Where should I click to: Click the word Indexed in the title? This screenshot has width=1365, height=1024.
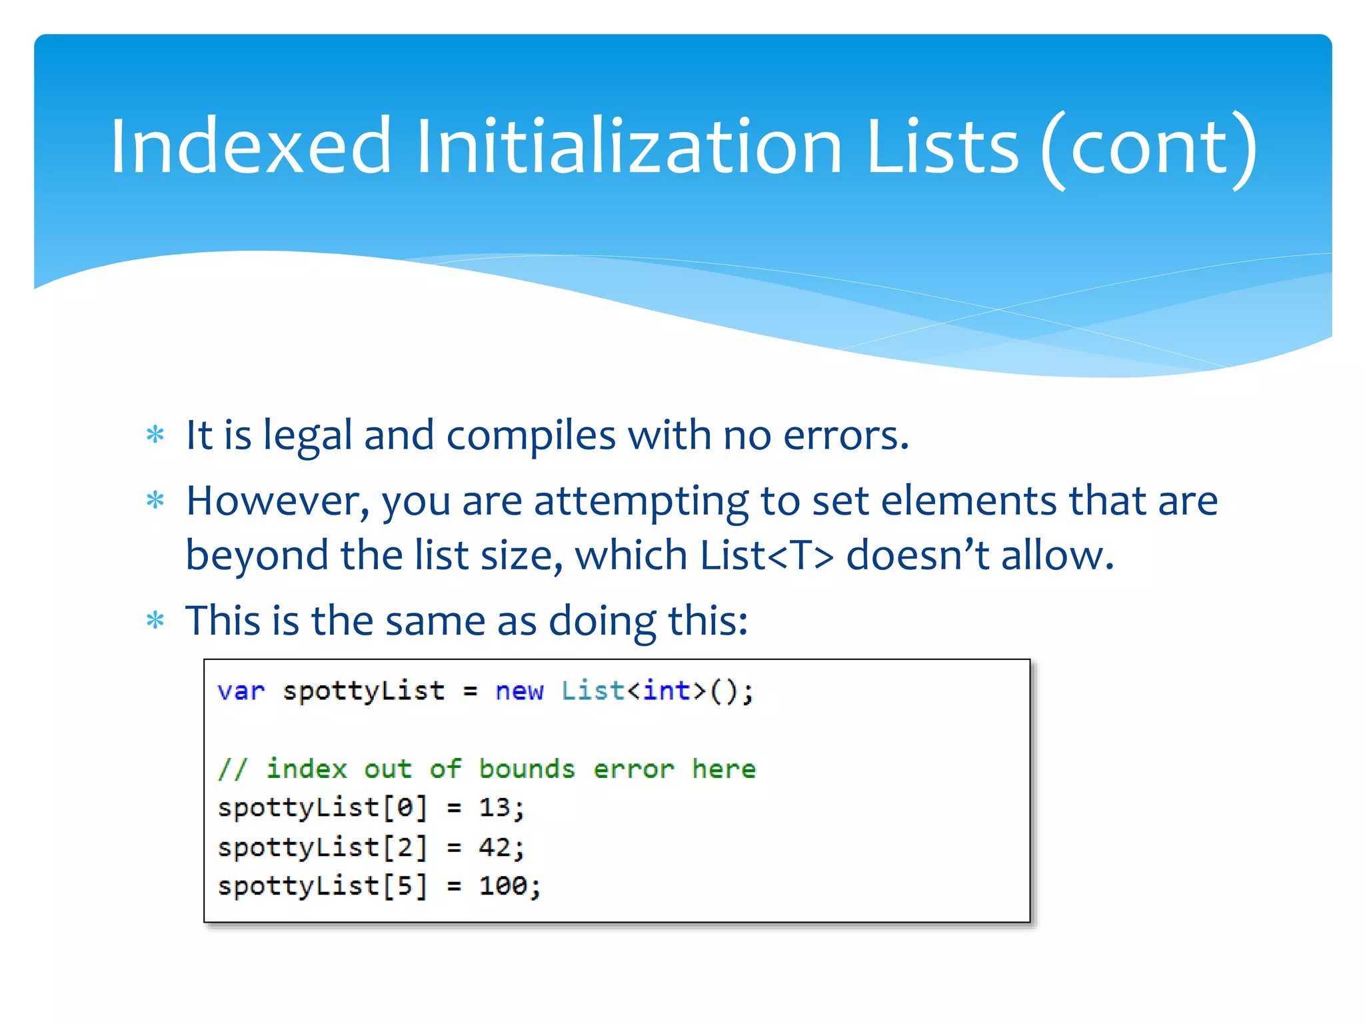click(250, 147)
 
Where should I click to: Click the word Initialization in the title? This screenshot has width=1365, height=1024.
click(629, 147)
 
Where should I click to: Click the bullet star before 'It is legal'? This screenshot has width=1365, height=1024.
click(155, 435)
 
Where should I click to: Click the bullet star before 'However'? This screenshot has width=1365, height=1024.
click(155, 500)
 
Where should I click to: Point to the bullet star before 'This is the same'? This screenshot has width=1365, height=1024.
click(155, 621)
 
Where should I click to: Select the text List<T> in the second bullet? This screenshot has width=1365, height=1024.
click(766, 555)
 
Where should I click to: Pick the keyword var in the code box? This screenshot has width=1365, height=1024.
click(241, 691)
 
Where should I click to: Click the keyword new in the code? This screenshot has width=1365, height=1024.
click(519, 691)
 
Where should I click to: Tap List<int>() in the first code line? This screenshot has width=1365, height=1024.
click(657, 691)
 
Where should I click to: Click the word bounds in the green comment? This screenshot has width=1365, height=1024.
click(527, 769)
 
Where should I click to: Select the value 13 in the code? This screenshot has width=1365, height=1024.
click(495, 808)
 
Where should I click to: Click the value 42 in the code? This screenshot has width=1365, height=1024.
click(495, 847)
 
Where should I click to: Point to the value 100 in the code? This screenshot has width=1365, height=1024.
click(503, 886)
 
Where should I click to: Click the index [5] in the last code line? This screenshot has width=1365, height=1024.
click(405, 886)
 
